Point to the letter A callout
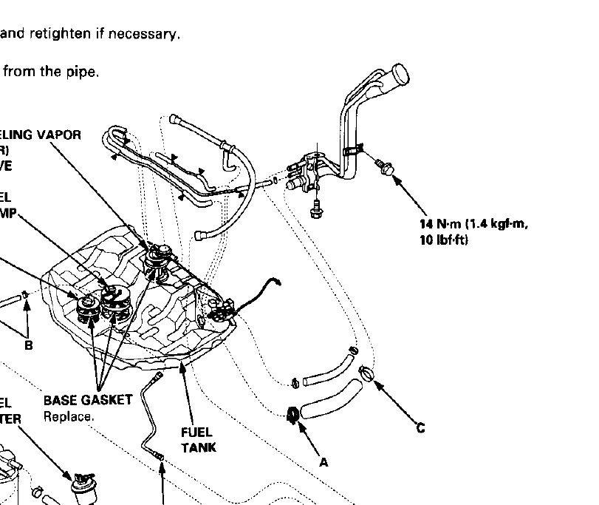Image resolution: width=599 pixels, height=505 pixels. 323,461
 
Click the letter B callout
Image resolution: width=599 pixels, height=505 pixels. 29,344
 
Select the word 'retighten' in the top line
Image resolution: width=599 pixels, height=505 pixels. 61,34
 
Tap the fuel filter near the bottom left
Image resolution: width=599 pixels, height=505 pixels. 82,484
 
